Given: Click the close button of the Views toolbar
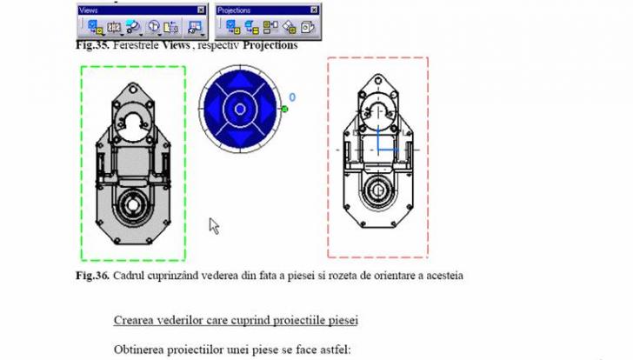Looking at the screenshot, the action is [x=201, y=10].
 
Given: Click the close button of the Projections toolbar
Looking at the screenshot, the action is [x=314, y=10].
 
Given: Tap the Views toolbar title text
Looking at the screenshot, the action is [x=89, y=10].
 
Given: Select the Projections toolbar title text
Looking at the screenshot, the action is [x=234, y=10].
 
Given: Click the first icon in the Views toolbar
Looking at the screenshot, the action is [x=96, y=27].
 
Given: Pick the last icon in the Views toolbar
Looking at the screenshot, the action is [x=196, y=27].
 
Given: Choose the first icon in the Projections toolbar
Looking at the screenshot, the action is [x=233, y=27].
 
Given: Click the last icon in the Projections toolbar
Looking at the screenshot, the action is [x=308, y=27].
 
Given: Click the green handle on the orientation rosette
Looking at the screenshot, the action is [x=284, y=109].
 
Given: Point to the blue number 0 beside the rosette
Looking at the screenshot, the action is [x=292, y=97].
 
